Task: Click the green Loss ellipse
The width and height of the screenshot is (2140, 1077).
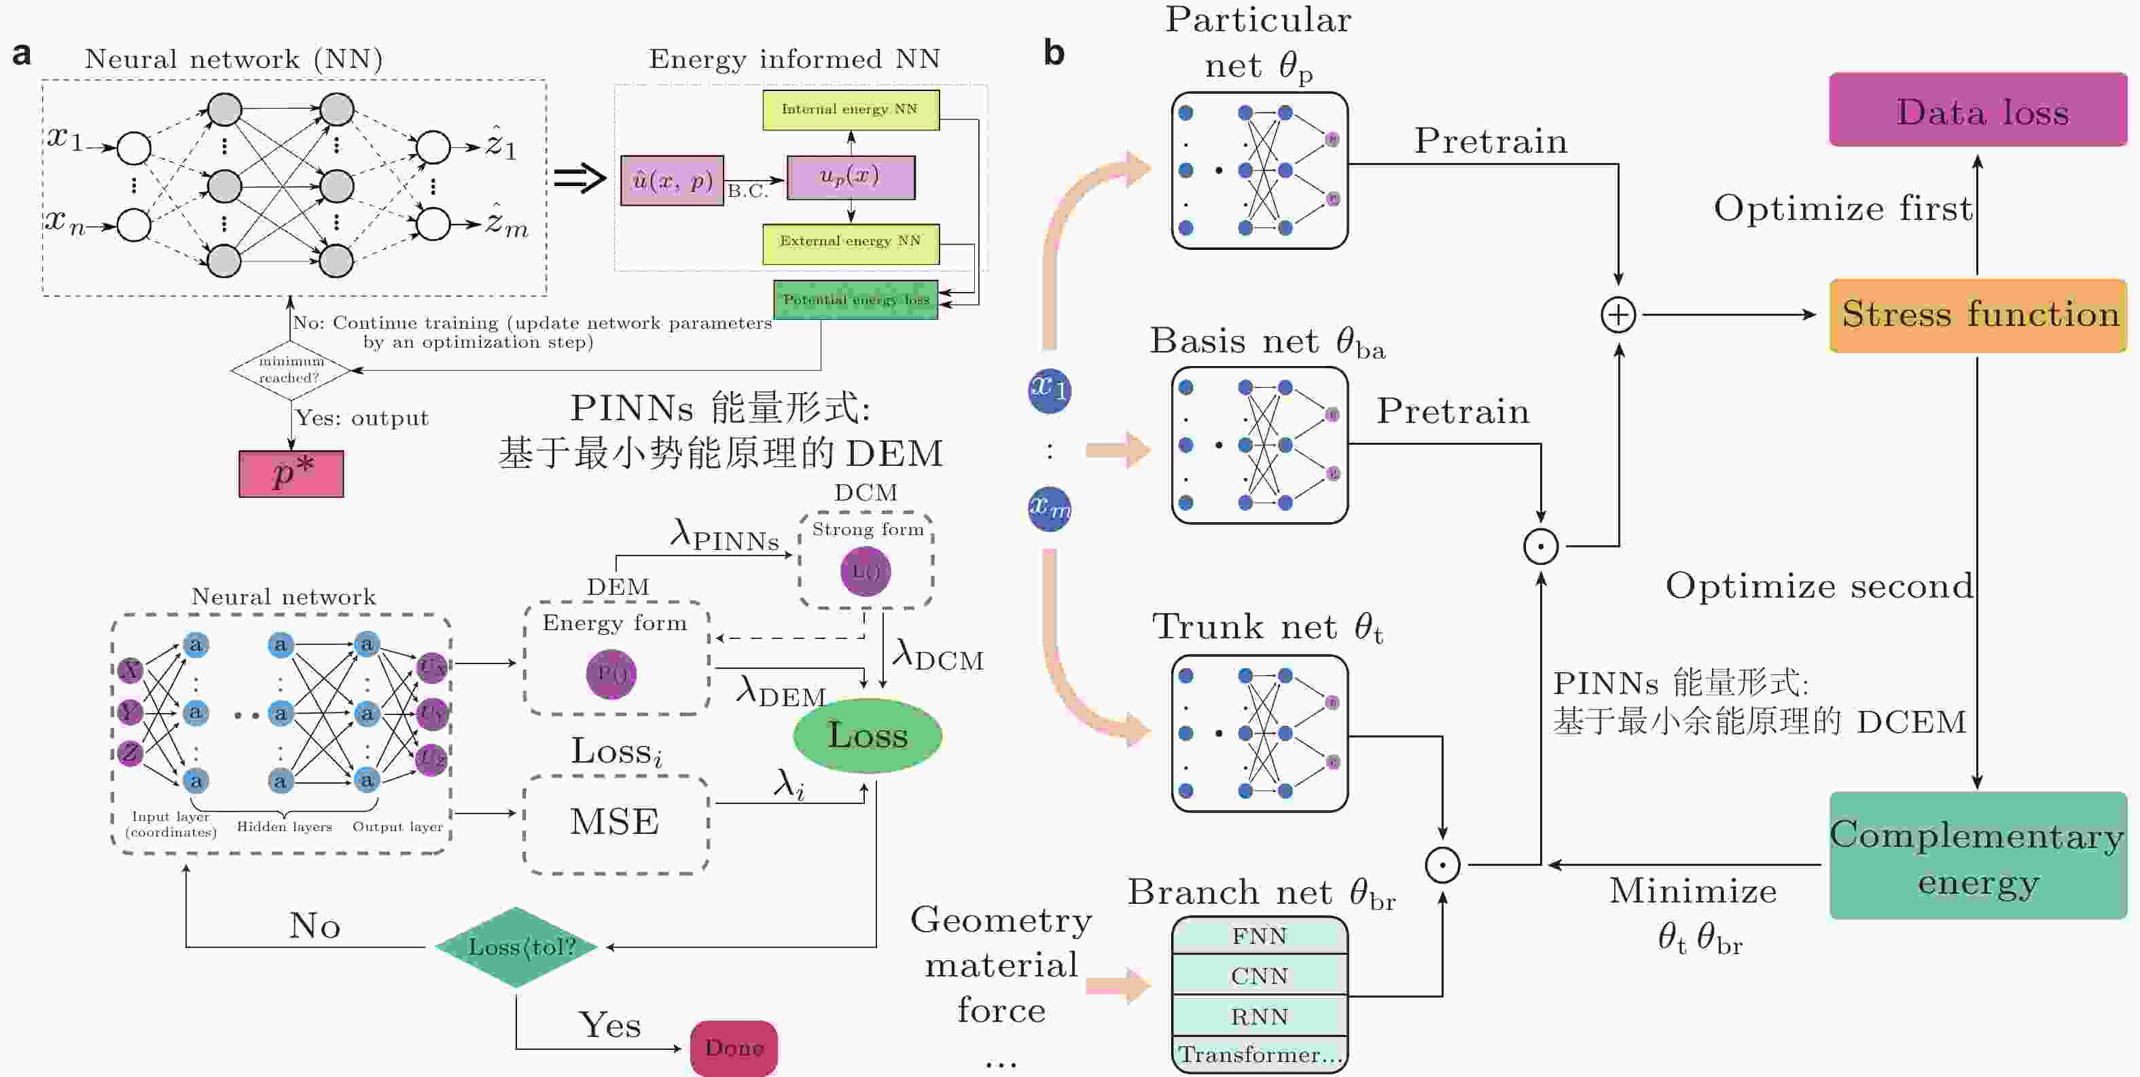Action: [x=868, y=735]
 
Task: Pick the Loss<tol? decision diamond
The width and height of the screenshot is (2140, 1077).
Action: [x=517, y=947]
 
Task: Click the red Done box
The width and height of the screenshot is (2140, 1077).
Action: [x=734, y=1048]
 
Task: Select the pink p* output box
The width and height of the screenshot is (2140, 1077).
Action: [x=291, y=474]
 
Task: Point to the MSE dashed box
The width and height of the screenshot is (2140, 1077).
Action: [x=616, y=823]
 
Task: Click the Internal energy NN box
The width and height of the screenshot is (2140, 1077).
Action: [x=851, y=109]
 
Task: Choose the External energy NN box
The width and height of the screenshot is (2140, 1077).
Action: [x=851, y=242]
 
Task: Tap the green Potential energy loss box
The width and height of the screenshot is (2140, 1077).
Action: [x=856, y=299]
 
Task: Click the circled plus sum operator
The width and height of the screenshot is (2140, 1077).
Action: [x=1618, y=314]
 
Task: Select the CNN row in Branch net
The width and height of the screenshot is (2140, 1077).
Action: [x=1260, y=976]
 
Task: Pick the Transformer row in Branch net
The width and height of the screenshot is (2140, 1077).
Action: [x=1260, y=1055]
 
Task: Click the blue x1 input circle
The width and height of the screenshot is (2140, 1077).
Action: [x=1049, y=390]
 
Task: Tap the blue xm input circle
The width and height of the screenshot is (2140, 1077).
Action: [x=1049, y=508]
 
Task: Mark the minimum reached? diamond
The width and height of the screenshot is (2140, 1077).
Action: [x=291, y=369]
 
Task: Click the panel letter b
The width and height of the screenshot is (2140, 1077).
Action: [x=1054, y=53]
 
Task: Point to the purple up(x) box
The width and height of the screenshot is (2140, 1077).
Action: [x=851, y=177]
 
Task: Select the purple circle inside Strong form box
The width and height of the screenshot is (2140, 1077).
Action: [x=865, y=571]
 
